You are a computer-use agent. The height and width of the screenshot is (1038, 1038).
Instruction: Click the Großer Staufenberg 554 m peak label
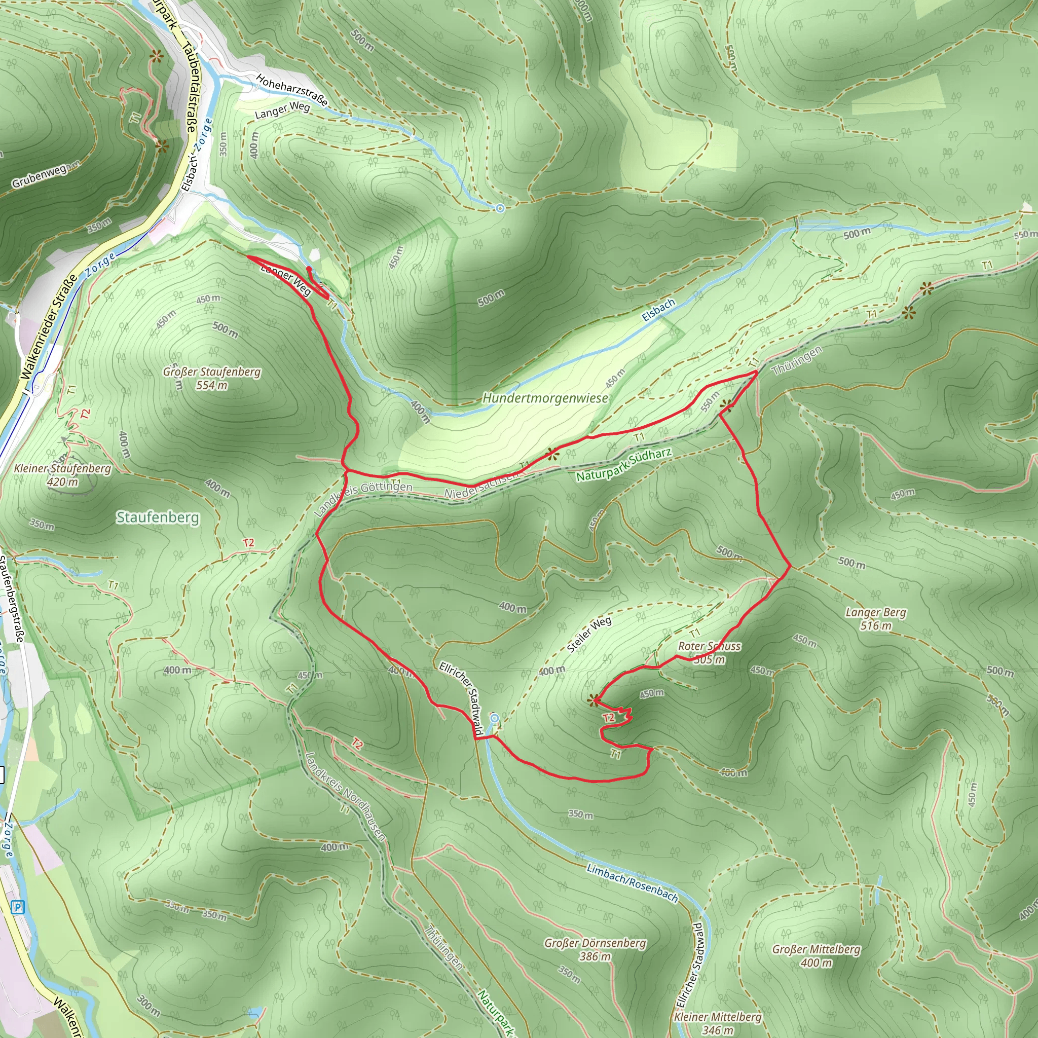pos(212,378)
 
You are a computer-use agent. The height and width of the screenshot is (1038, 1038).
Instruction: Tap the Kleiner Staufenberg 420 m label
pos(62,475)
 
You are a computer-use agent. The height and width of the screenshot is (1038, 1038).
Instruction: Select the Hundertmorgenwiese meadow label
pos(545,398)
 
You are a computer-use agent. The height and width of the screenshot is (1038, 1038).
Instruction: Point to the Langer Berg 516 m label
pos(875,618)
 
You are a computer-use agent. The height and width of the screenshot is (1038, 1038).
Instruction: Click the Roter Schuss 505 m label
pos(709,652)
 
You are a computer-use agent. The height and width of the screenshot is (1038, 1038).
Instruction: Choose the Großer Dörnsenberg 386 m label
pos(595,949)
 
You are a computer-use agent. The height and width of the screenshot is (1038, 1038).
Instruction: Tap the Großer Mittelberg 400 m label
pos(816,956)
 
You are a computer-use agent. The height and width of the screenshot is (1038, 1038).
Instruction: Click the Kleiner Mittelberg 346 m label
pos(717,1023)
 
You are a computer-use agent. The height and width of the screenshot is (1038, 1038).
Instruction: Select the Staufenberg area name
pos(158,517)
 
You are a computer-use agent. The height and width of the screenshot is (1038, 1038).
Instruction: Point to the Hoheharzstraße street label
pos(291,90)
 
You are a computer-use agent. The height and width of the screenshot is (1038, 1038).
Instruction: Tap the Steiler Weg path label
pos(589,635)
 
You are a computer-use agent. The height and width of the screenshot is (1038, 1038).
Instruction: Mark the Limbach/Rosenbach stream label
pos(632,882)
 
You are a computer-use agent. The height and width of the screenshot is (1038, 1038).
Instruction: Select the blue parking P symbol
pos(18,907)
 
